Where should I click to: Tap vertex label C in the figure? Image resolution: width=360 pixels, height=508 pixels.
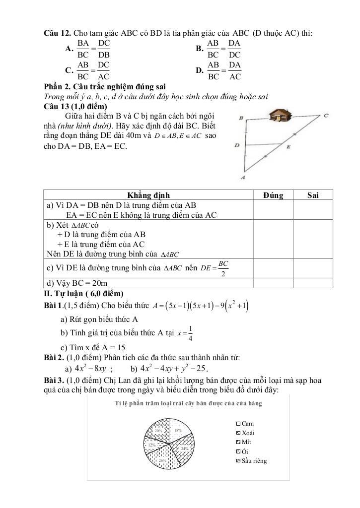click(x=326, y=116)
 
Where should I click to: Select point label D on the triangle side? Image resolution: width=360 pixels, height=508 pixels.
click(x=237, y=145)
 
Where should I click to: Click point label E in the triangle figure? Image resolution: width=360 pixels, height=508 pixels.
click(x=288, y=147)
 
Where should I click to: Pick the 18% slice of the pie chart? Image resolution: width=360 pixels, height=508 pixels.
click(x=180, y=431)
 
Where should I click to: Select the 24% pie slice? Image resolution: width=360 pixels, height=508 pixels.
click(x=183, y=448)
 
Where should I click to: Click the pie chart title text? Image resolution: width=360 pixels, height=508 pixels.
click(x=188, y=403)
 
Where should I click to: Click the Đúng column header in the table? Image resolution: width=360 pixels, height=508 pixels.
click(x=273, y=195)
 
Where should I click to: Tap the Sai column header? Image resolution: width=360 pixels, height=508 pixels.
click(x=313, y=195)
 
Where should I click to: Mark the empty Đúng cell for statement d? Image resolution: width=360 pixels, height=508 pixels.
click(x=273, y=283)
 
